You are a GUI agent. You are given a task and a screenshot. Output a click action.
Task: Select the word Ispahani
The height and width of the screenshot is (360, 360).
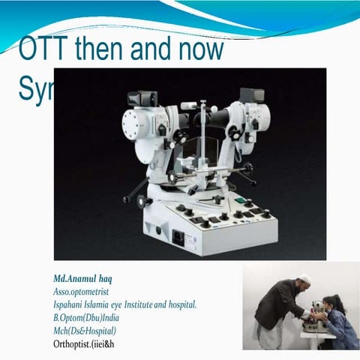(71, 304)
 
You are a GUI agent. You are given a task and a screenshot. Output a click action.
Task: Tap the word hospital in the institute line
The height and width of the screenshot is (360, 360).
(180, 304)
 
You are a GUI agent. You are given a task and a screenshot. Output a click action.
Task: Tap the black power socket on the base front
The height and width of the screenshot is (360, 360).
(179, 237)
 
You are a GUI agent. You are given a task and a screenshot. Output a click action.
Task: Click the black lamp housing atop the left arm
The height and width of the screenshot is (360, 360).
(142, 98)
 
